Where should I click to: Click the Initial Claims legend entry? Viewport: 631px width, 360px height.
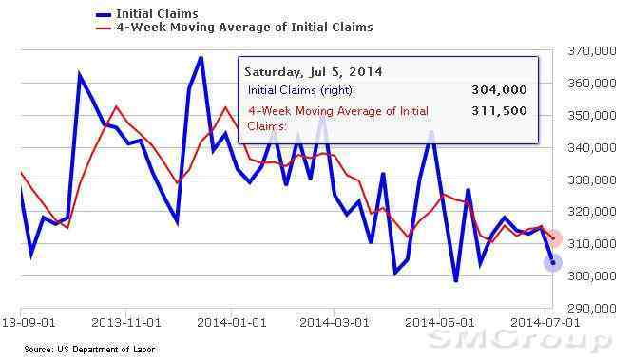click(x=147, y=14)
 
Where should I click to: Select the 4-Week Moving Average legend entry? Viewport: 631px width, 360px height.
click(x=234, y=28)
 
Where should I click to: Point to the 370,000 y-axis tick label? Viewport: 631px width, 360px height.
click(x=591, y=51)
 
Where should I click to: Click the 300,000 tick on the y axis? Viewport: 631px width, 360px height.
click(x=591, y=275)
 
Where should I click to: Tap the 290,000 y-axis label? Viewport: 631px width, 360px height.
click(x=591, y=309)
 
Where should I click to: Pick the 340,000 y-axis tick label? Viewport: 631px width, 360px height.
click(x=591, y=147)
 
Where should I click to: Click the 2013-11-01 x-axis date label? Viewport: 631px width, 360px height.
click(x=126, y=323)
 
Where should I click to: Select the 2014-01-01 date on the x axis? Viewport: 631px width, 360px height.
click(x=231, y=323)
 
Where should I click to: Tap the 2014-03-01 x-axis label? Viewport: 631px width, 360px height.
click(x=335, y=323)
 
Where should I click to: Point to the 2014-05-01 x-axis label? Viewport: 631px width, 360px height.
click(x=440, y=323)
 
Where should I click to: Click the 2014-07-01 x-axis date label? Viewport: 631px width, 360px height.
click(x=545, y=323)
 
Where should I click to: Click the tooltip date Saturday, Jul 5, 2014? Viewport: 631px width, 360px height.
click(x=314, y=72)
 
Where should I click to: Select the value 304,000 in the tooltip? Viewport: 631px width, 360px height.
click(x=499, y=89)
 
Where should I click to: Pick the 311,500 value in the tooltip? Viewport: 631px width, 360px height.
click(x=499, y=110)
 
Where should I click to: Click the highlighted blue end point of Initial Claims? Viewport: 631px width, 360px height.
click(x=553, y=263)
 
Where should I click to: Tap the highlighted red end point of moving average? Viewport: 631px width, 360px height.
click(x=554, y=238)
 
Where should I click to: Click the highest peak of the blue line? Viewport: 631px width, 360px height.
click(x=201, y=58)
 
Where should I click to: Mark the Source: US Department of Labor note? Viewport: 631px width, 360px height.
click(x=89, y=350)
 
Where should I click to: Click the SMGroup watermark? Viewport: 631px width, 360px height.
click(x=520, y=341)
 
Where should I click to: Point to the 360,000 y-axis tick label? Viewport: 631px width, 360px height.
click(x=591, y=84)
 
